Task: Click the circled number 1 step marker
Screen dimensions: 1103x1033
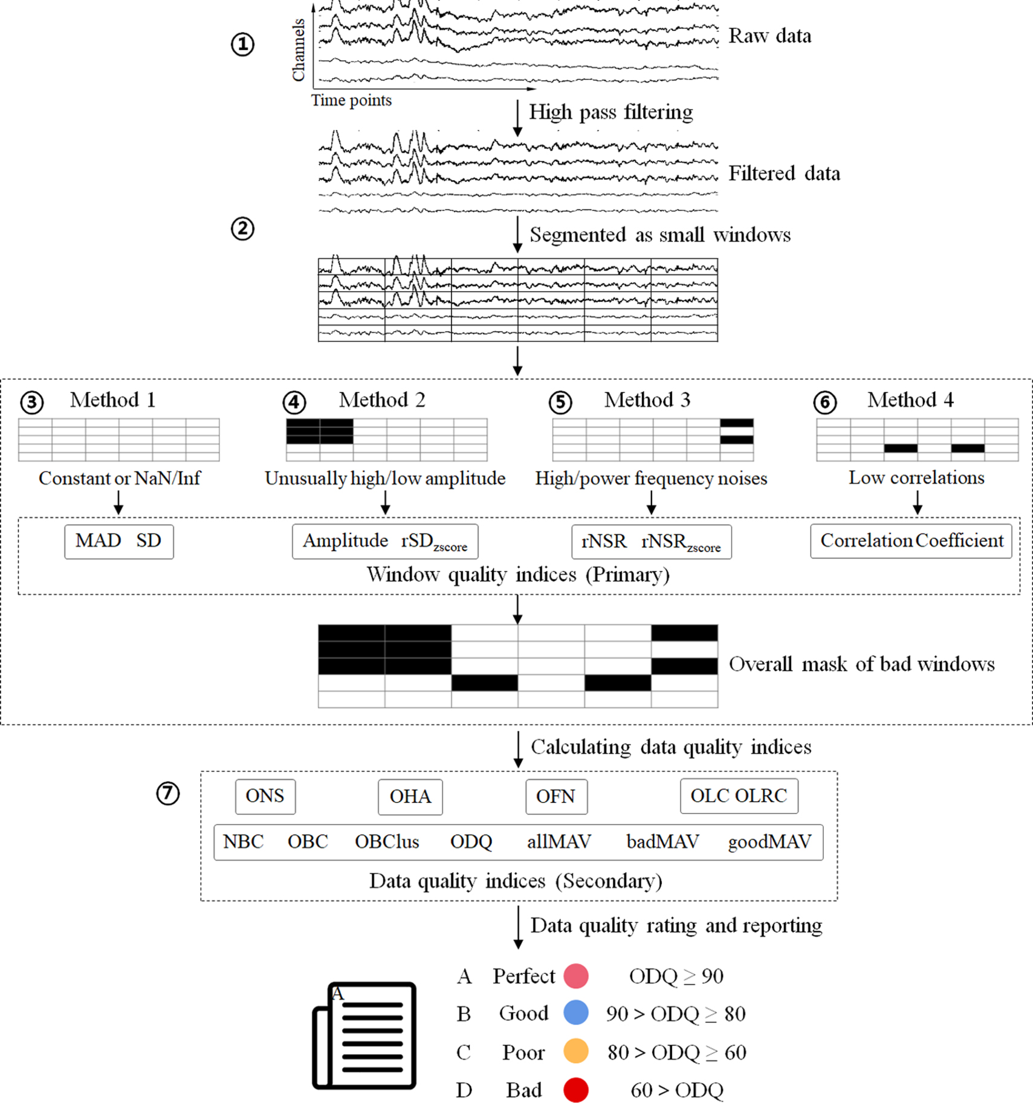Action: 242,44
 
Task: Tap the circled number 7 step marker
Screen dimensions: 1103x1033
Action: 168,793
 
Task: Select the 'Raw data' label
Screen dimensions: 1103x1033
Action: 769,36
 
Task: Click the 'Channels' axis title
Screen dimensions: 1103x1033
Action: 299,50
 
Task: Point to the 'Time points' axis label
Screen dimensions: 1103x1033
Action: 351,100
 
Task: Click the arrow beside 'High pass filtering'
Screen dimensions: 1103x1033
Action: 517,118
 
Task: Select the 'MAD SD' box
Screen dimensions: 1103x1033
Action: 118,541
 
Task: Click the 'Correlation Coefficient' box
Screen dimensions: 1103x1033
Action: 911,541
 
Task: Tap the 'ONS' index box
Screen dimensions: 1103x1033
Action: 265,796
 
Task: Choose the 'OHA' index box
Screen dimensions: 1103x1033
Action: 410,796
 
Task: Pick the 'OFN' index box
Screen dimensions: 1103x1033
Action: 555,796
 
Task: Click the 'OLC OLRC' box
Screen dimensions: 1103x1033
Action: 739,796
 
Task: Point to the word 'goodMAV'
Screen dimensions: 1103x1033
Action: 769,842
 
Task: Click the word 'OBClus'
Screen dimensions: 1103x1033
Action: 387,842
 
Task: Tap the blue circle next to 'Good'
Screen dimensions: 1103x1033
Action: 576,1013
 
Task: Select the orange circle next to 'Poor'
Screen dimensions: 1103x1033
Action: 576,1052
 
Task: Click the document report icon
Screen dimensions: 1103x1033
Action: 364,1035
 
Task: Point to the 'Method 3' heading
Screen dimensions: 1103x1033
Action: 647,400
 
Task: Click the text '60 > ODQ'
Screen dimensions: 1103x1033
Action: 676,1090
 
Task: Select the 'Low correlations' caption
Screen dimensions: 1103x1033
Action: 916,478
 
